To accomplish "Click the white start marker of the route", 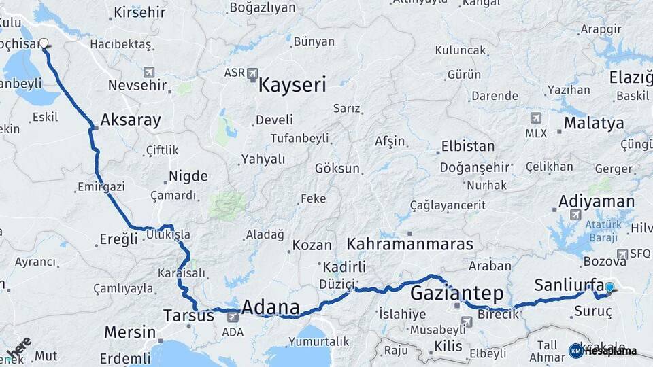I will tap(44, 43).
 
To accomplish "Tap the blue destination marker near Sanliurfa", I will tap(609, 287).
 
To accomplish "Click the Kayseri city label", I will tap(292, 86).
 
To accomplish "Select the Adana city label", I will tap(271, 309).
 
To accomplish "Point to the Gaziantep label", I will tap(456, 294).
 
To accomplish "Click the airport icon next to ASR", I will tap(253, 73).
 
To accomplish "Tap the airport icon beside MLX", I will tap(536, 118).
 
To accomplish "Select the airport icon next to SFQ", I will tap(622, 254).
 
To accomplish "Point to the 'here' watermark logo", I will tap(18, 347).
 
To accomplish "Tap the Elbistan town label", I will tap(468, 146).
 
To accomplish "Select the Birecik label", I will tap(499, 313).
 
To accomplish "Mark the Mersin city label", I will tap(129, 333).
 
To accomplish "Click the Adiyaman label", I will tap(596, 201).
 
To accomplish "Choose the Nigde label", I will tap(188, 176).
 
